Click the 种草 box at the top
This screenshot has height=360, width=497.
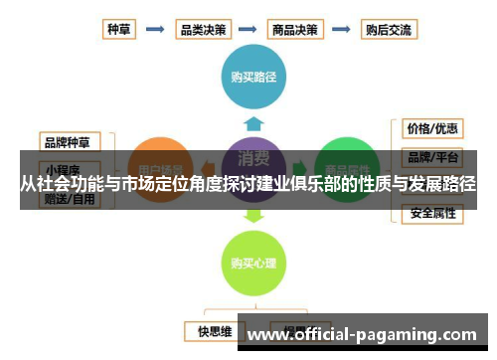coord(119,29)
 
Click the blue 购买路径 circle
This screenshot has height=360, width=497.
coord(253,76)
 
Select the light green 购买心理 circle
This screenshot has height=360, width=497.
coord(253,263)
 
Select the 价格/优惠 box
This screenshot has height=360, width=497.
coord(431,129)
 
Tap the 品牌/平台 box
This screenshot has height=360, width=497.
coord(431,157)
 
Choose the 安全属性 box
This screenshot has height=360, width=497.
coord(431,213)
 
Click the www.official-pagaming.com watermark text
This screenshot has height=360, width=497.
coord(362,335)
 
